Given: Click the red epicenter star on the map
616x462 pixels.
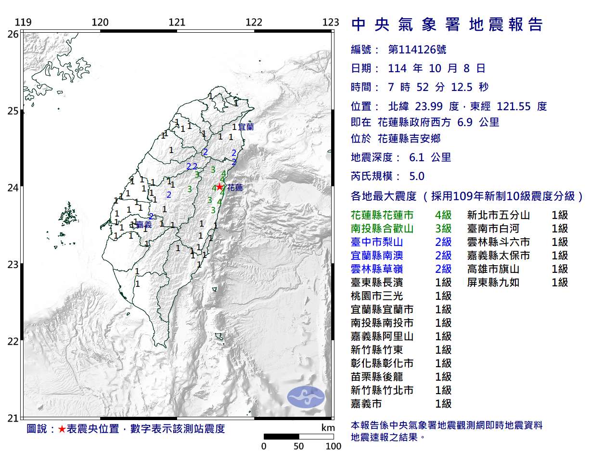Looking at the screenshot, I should click(219, 187).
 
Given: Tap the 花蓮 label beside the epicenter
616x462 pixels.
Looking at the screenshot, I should click(235, 188).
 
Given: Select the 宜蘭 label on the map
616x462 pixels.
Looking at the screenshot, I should click(246, 127).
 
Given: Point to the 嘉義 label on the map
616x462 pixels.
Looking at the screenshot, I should click(143, 225).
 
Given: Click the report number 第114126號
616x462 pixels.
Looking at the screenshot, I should click(417, 50).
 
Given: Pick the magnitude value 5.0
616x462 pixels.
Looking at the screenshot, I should click(416, 176).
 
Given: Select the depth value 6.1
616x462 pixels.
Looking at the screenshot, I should click(416, 157).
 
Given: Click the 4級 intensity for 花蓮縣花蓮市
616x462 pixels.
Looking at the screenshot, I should click(443, 215).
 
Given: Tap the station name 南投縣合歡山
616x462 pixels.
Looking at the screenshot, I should click(382, 229).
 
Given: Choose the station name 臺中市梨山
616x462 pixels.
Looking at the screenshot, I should click(377, 242).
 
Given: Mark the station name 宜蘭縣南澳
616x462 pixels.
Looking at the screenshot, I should click(377, 256).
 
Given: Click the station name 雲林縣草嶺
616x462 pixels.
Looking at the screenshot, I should click(377, 269).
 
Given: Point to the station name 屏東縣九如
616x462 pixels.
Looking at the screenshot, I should click(493, 282).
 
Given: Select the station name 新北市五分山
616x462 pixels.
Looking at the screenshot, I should click(499, 215).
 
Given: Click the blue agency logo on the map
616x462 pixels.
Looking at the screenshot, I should click(306, 397).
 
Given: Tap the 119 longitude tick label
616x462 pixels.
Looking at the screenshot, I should click(23, 22).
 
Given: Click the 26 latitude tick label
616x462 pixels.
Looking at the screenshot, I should click(13, 34).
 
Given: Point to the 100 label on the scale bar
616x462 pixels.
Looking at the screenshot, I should click(333, 446).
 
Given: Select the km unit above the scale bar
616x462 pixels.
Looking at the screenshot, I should click(328, 428).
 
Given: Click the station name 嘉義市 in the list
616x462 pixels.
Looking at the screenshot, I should click(366, 404).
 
